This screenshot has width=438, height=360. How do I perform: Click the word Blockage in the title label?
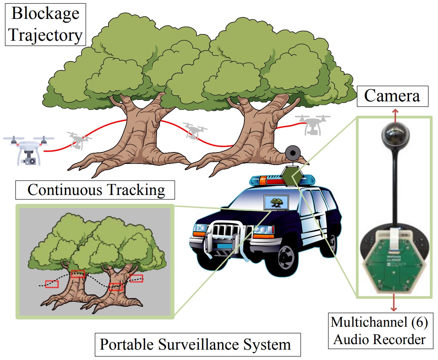[x=45, y=14]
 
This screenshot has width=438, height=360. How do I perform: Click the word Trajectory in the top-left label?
[x=45, y=36]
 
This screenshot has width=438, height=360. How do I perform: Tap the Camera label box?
[x=392, y=96]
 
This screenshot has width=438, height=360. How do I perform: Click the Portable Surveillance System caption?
[x=195, y=344]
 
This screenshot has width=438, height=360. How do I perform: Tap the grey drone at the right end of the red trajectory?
[x=312, y=124]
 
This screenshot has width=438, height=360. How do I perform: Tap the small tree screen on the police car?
[x=274, y=202]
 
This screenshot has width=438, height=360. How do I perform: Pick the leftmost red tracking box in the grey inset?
[x=52, y=284]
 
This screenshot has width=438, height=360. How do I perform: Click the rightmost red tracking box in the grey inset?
[x=136, y=278]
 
